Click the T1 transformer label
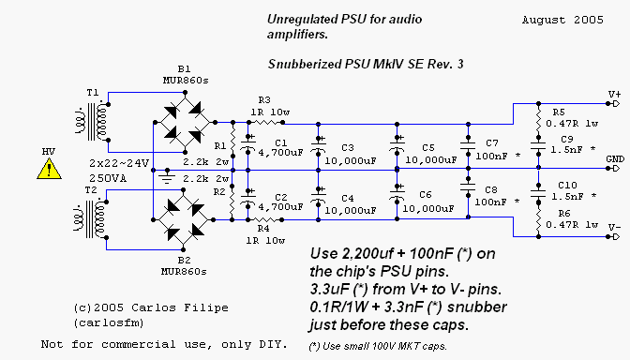[92, 94]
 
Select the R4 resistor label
[264, 228]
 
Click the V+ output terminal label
[615, 95]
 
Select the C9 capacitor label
[566, 140]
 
